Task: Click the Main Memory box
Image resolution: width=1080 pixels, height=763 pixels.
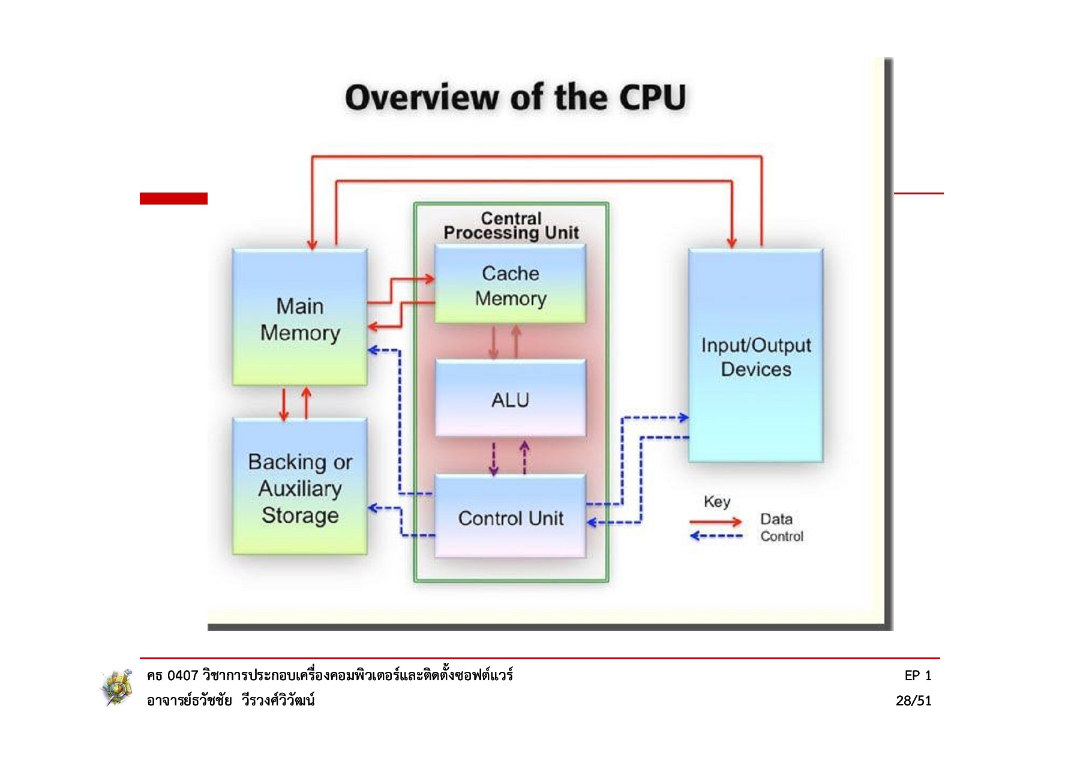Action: click(300, 318)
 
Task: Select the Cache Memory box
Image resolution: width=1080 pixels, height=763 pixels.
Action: click(510, 285)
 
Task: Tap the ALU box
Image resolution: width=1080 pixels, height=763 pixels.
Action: click(510, 399)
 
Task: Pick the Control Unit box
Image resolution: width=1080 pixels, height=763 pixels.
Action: click(510, 517)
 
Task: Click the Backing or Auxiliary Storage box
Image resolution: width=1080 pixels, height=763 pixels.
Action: click(300, 487)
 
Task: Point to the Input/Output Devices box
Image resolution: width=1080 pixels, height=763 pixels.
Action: click(755, 356)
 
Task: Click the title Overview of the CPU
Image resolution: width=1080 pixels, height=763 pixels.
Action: click(515, 98)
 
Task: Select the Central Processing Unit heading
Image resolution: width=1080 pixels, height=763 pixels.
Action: click(511, 226)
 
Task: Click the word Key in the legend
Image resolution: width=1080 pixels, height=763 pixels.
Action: click(717, 501)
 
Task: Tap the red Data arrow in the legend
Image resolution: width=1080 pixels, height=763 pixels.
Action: click(715, 521)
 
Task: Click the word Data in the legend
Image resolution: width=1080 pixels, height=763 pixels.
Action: click(776, 519)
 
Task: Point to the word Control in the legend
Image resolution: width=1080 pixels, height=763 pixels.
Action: click(781, 536)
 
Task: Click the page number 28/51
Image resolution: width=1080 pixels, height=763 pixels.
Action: click(913, 701)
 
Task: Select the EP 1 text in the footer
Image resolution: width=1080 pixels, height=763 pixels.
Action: click(918, 675)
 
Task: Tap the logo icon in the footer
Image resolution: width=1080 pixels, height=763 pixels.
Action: click(116, 687)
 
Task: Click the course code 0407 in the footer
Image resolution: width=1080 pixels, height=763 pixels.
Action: click(182, 675)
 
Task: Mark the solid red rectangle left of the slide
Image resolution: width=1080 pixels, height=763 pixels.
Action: click(173, 199)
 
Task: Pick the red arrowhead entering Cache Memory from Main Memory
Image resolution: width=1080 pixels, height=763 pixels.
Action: click(430, 279)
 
